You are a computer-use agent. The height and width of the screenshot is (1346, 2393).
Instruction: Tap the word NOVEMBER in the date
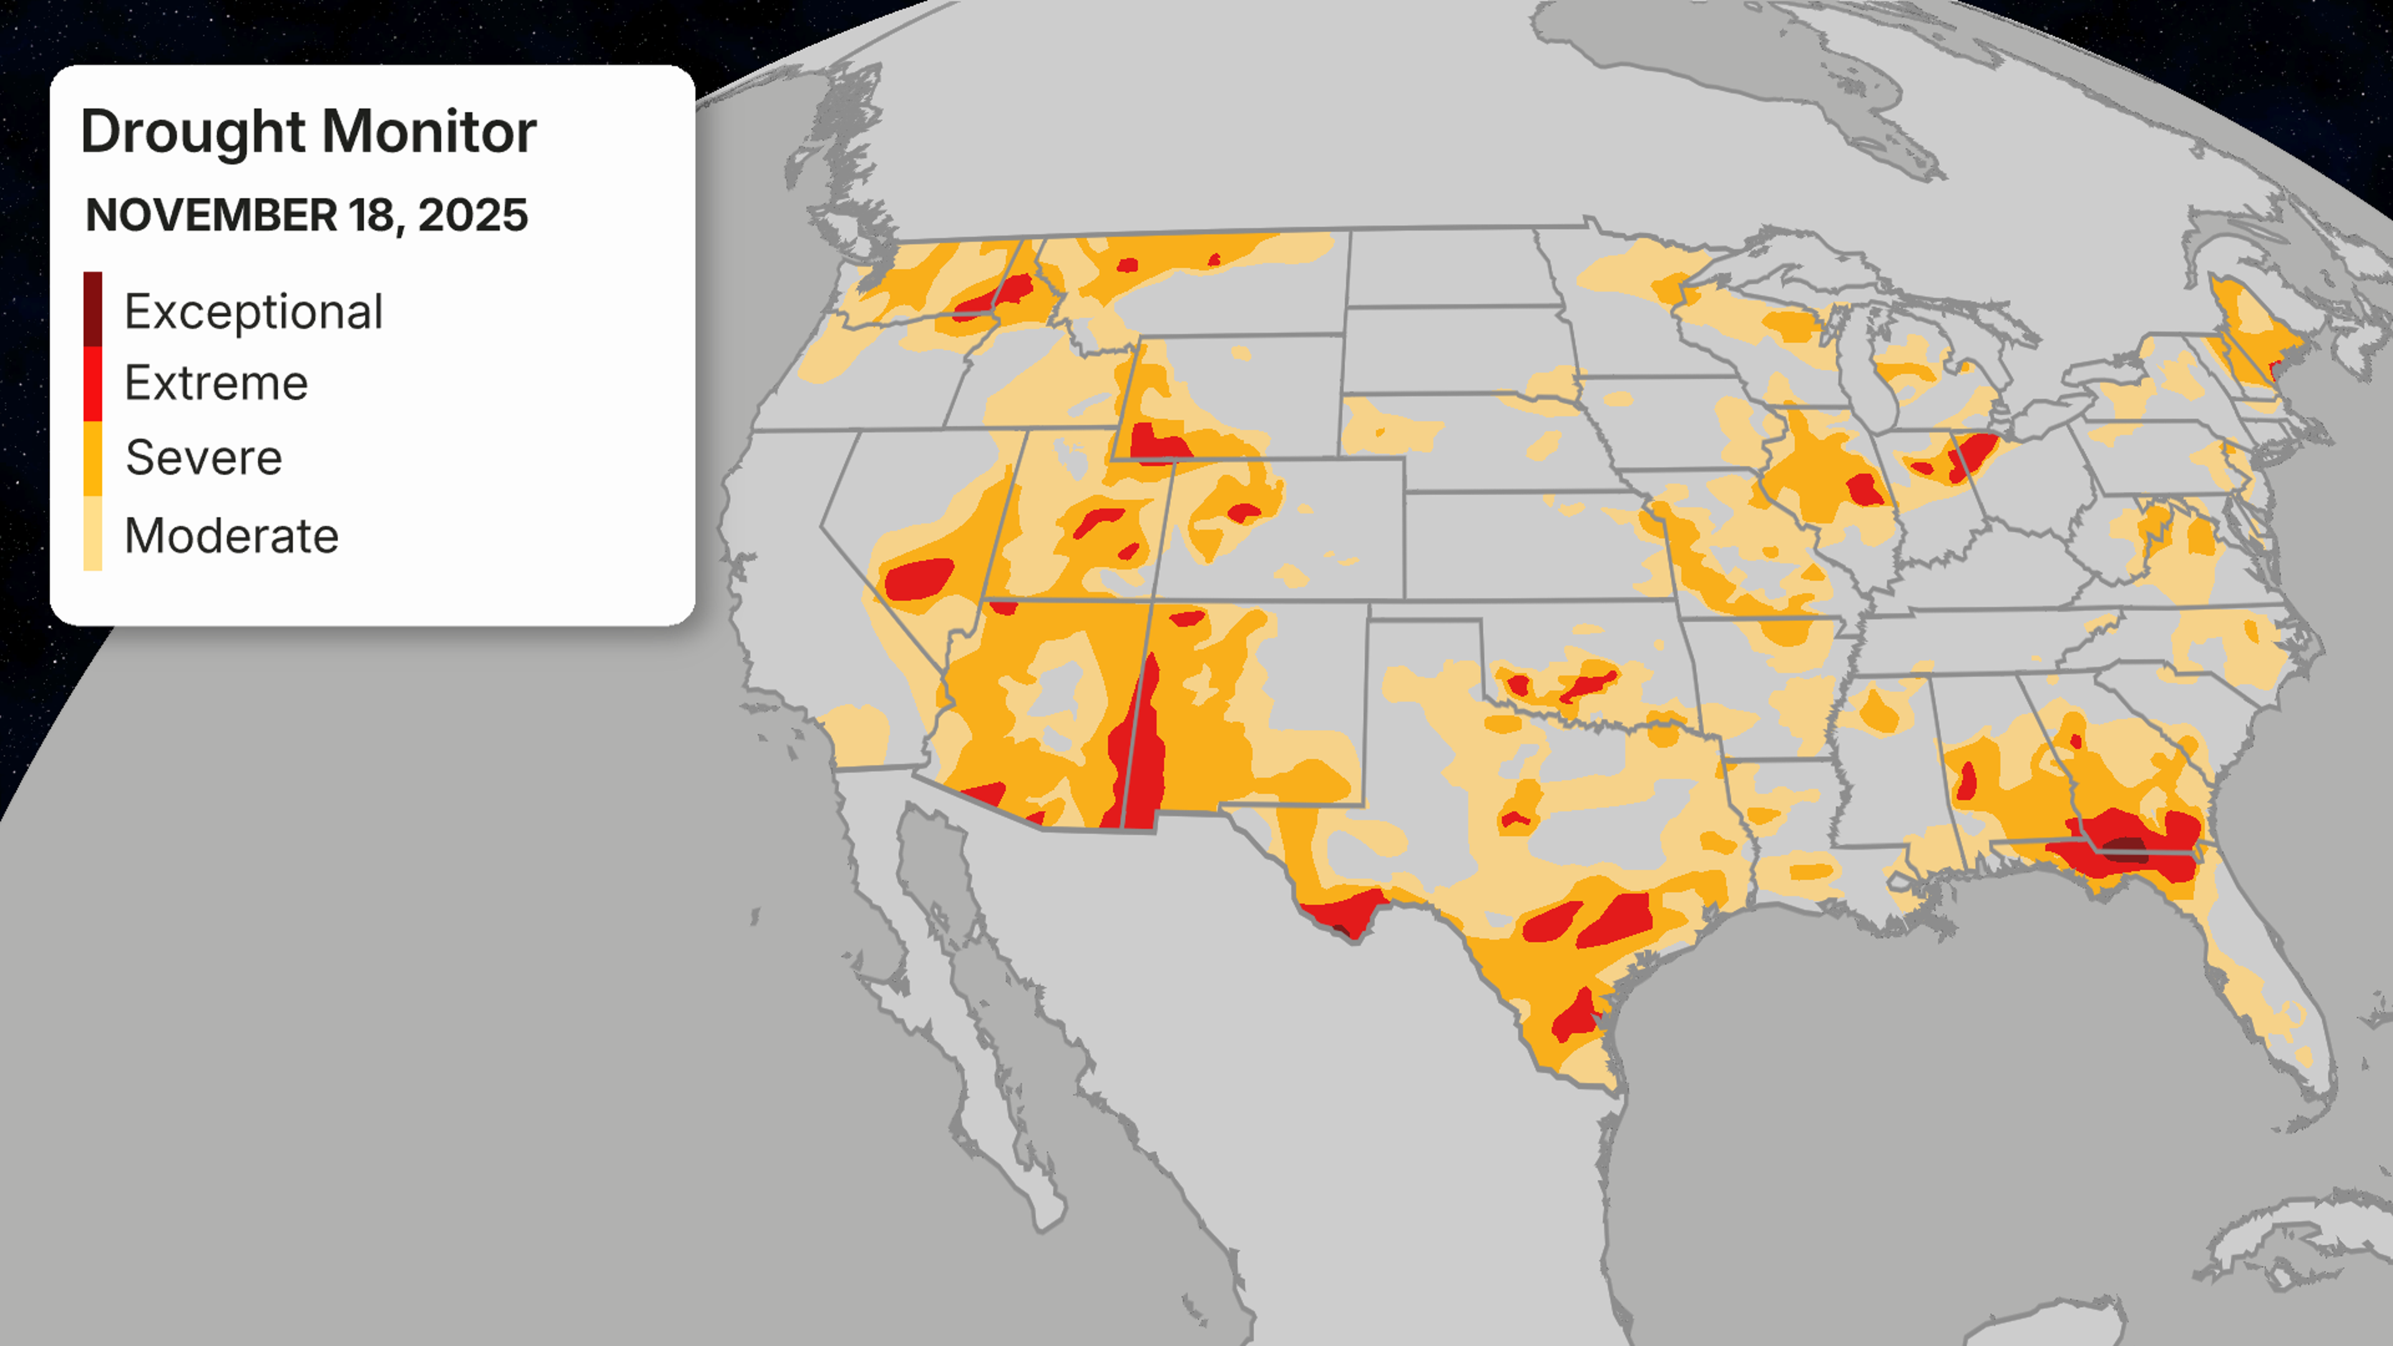211,216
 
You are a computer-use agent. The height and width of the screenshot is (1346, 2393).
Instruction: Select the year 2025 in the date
473,216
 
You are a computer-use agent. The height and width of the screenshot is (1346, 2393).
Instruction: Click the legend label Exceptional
252,311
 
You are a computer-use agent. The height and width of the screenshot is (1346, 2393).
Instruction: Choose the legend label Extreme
216,383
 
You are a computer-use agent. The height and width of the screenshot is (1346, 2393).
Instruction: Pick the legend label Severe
203,457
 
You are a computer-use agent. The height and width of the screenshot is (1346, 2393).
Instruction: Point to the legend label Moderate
231,536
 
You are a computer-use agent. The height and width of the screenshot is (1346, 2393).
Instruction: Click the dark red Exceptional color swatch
93,308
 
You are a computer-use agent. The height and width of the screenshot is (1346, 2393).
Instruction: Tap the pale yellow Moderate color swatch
93,533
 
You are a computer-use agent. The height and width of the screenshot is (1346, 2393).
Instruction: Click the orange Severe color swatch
93,458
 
